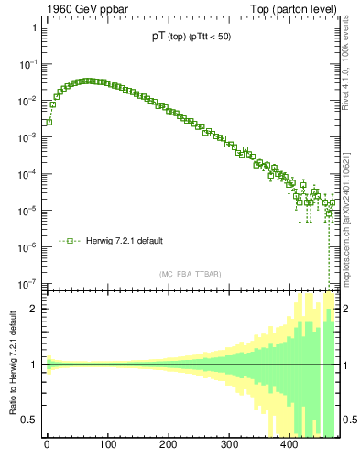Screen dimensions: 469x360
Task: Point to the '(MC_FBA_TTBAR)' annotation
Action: pos(191,274)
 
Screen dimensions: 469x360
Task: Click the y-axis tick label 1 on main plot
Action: pos(34,27)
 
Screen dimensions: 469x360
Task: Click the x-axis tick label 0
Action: pos(47,446)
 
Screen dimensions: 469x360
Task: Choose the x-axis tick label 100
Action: pos(107,446)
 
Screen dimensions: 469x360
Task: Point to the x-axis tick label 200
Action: pos(168,446)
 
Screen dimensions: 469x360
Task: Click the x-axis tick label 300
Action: pos(228,446)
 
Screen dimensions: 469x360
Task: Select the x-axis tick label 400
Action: pos(289,446)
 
